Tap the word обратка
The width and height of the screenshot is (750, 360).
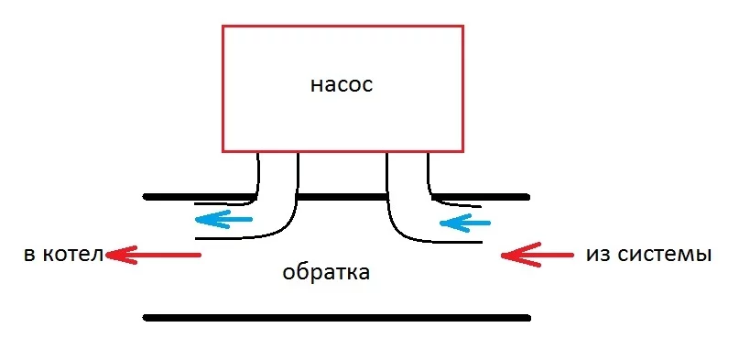click(326, 272)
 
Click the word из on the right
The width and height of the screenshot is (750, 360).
click(596, 254)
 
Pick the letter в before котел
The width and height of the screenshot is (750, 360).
click(28, 254)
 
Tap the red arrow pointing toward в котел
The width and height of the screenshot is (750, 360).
click(153, 255)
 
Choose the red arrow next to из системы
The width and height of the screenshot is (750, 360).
click(535, 255)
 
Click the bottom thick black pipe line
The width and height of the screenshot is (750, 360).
click(337, 318)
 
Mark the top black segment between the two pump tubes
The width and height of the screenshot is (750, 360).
click(342, 196)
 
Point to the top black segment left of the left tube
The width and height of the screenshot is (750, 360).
click(197, 196)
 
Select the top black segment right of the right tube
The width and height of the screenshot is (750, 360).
click(480, 196)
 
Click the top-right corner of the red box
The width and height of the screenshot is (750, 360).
click(463, 27)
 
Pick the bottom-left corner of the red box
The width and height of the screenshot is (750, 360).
click(223, 150)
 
